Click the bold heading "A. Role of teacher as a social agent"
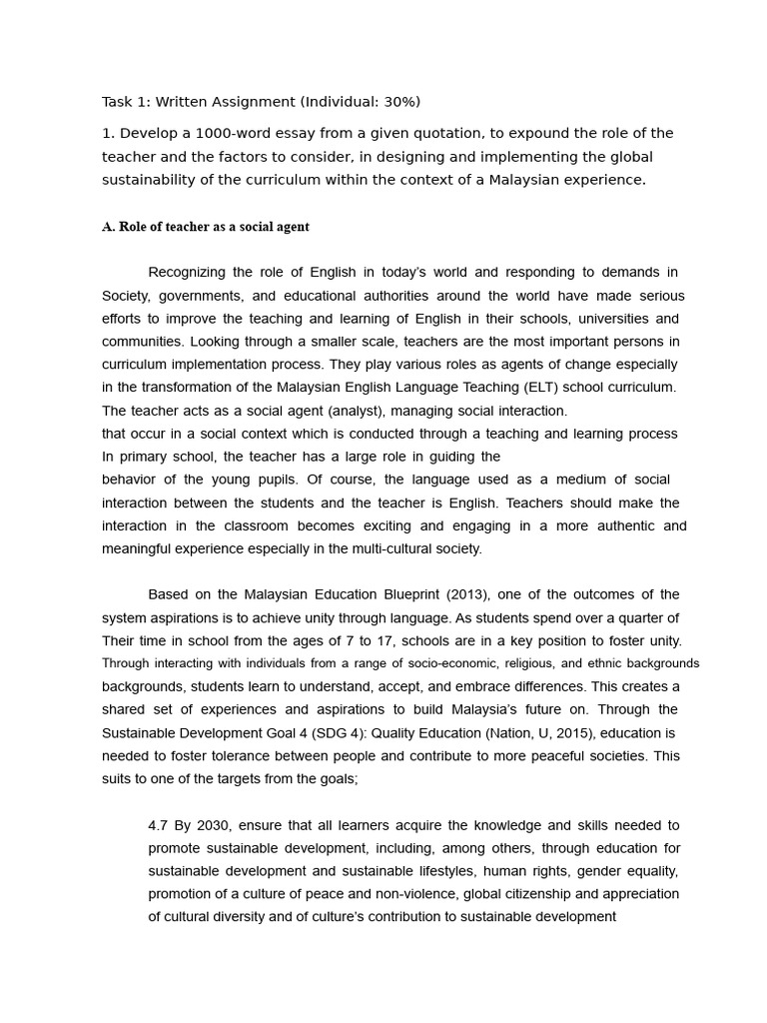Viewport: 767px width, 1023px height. [206, 227]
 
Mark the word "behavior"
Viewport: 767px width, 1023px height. [129, 480]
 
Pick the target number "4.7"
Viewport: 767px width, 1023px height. [158, 825]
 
